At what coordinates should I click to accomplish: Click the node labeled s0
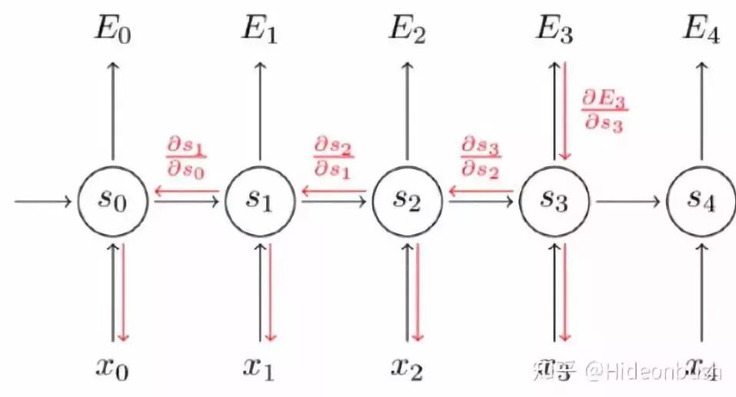(x=113, y=202)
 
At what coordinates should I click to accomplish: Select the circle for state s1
(x=261, y=202)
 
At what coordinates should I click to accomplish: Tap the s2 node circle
(x=408, y=202)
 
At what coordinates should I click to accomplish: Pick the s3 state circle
(x=555, y=202)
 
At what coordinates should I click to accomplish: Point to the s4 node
(x=701, y=202)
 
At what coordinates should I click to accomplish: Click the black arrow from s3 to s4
(x=628, y=202)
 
